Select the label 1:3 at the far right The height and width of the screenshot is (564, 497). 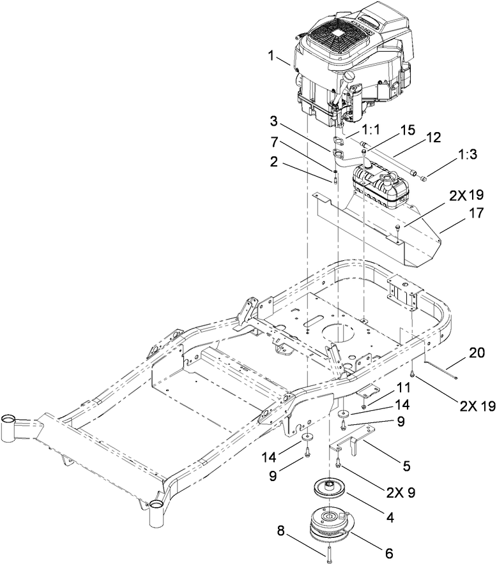coord(445,173)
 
